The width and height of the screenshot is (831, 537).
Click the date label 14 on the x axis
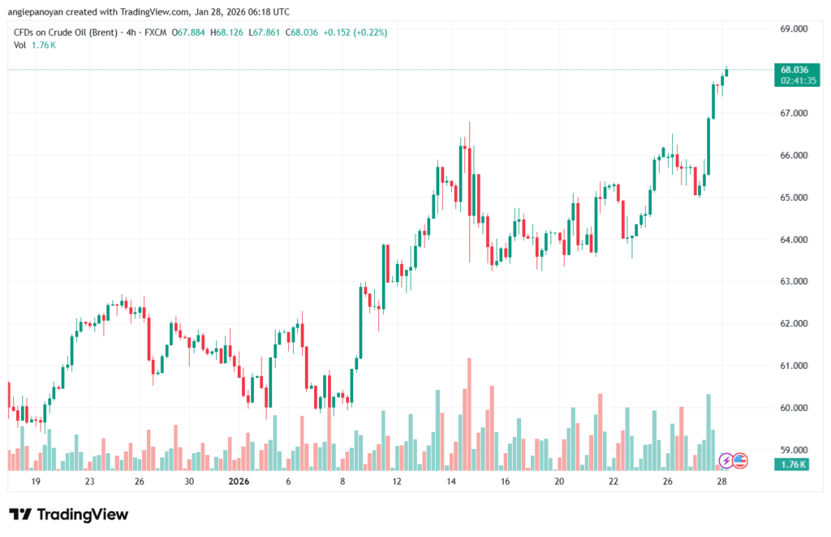[x=451, y=481]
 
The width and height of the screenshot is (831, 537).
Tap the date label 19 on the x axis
[x=35, y=481]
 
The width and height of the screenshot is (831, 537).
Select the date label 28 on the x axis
[x=721, y=481]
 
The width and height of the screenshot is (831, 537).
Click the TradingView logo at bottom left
[x=68, y=514]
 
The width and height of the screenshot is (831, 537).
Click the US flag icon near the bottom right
[x=739, y=461]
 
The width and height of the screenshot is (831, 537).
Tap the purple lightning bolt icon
[x=726, y=461]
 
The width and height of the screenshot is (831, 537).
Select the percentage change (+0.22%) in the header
[x=367, y=32]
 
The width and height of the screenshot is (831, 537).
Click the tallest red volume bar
[x=469, y=414]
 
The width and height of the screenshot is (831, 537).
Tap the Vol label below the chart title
[x=19, y=45]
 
